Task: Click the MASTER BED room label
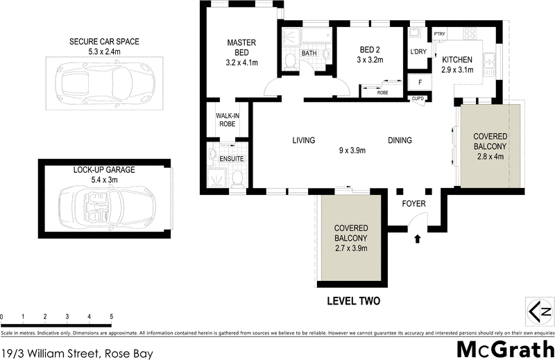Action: click(x=241, y=43)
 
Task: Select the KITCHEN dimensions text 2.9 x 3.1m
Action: click(x=457, y=69)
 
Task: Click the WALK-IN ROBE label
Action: click(x=227, y=119)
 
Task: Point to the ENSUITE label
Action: click(x=232, y=159)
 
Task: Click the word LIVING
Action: click(x=303, y=141)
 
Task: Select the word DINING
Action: click(x=400, y=141)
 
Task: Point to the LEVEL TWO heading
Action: click(x=352, y=302)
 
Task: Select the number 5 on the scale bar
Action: click(x=111, y=317)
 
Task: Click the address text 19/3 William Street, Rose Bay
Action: click(x=76, y=352)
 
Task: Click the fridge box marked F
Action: click(x=418, y=83)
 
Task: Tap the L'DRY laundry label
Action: click(x=418, y=53)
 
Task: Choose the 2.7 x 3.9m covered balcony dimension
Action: click(x=350, y=248)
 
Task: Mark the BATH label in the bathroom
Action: click(x=309, y=53)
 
